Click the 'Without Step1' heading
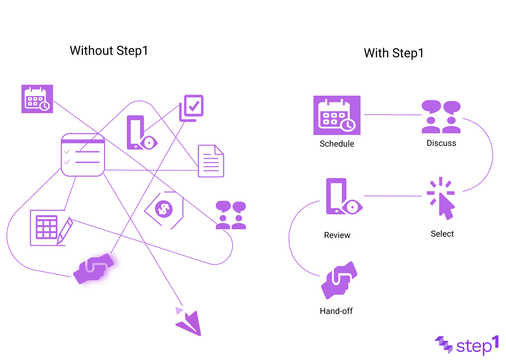point(109,51)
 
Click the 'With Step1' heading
point(394,53)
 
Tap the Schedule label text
point(337,144)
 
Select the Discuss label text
point(441,143)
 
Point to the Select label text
point(442,234)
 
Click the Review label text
point(337,235)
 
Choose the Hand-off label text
point(336,311)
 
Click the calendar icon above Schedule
point(337,115)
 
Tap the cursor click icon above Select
point(441,198)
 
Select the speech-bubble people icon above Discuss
point(441,117)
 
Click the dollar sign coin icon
point(164,209)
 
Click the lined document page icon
point(211,161)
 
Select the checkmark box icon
point(192,108)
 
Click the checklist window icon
point(83,155)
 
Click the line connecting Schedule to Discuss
point(393,115)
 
